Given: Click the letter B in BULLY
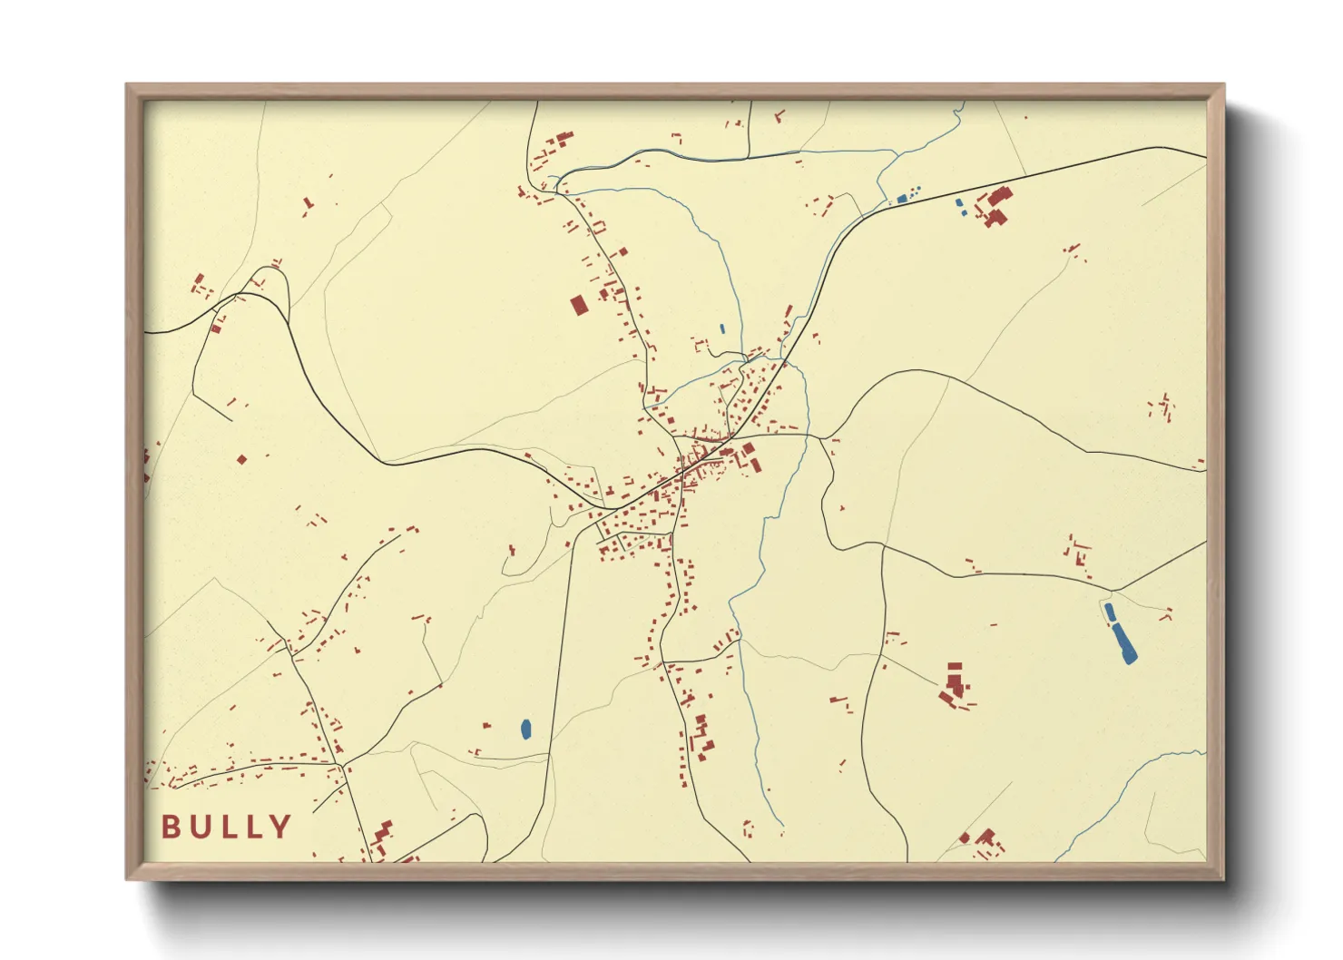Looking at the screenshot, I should (171, 827).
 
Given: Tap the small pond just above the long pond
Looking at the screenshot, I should (1109, 612).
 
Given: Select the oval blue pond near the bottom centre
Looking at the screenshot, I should (525, 728).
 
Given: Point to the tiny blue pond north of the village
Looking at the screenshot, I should (722, 328).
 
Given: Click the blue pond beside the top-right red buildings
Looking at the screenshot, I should (960, 205).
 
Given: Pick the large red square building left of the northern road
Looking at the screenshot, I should (579, 304).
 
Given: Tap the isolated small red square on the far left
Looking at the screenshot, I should (241, 460).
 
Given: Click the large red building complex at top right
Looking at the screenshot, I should (997, 206).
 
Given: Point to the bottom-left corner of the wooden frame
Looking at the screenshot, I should (128, 877).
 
